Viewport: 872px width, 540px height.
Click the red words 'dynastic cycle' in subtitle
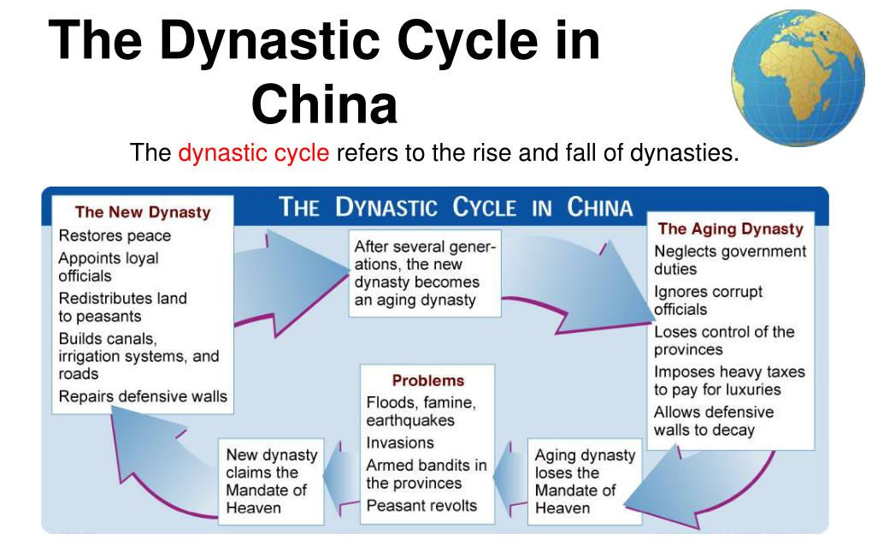[253, 154]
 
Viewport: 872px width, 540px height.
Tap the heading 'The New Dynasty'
[142, 212]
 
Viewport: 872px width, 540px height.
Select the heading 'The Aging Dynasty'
[730, 228]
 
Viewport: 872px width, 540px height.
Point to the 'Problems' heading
[427, 380]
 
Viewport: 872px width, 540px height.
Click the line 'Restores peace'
[115, 235]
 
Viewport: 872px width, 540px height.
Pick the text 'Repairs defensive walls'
[143, 396]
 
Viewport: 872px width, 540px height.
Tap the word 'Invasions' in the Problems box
[399, 442]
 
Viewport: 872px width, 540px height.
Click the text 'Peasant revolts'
[421, 505]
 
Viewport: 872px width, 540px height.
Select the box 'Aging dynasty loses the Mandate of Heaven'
[586, 481]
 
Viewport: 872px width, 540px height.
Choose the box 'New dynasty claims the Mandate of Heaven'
[272, 481]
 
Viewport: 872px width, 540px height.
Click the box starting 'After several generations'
[425, 273]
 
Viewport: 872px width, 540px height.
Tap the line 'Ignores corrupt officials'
[708, 300]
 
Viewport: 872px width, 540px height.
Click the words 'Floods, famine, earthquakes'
[421, 411]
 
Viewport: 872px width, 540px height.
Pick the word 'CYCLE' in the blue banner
[484, 208]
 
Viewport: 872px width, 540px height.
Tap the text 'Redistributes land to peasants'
[122, 307]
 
